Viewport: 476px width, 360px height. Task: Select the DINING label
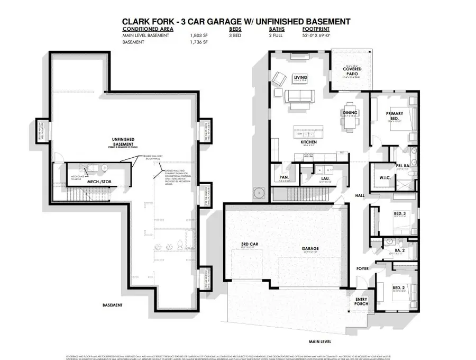[350, 112]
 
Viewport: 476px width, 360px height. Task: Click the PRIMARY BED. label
[395, 115]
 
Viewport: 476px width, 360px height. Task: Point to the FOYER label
[361, 268]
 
